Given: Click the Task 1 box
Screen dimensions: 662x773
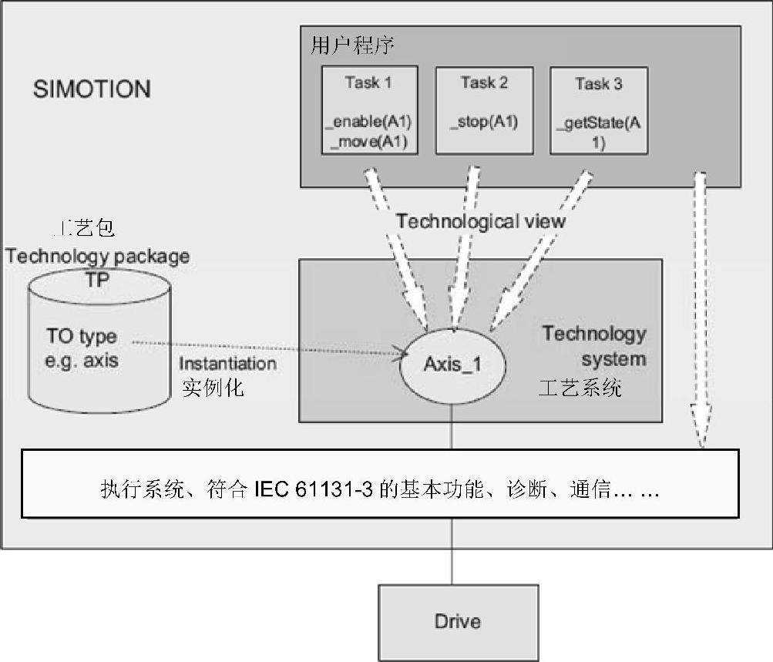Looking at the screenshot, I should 368,110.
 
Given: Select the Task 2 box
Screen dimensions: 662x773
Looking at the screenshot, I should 483,110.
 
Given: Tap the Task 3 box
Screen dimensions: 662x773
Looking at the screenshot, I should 598,110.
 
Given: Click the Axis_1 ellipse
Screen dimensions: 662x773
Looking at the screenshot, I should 452,364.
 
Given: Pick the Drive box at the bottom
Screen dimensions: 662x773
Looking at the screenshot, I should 457,621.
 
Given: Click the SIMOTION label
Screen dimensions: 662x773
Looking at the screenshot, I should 92,89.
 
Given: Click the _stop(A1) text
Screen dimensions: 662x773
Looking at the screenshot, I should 483,122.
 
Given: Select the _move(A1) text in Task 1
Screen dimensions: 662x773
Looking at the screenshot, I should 368,142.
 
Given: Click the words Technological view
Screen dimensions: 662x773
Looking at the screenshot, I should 481,222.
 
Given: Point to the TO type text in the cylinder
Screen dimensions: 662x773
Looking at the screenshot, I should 82,338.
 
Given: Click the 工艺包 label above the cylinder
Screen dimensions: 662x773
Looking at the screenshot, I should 84,229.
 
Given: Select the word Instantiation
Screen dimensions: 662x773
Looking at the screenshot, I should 227,363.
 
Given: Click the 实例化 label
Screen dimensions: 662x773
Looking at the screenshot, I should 213,387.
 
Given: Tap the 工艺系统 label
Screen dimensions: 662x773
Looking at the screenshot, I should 580,388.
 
